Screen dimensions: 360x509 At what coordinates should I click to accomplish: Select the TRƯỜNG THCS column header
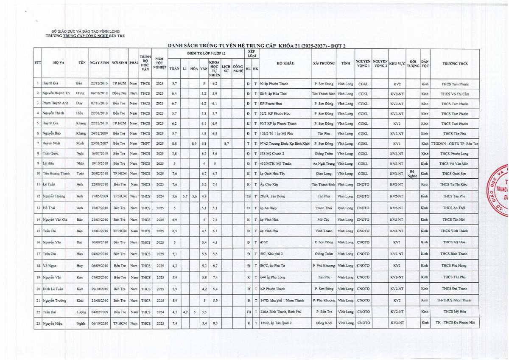tap(455, 64)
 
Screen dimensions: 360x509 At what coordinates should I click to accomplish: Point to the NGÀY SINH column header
tap(99, 64)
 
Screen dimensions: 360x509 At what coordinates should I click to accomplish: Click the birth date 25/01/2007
tap(99, 144)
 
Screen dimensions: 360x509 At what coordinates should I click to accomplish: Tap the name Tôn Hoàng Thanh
tap(56, 173)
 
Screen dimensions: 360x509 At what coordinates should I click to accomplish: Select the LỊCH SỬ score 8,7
tap(227, 144)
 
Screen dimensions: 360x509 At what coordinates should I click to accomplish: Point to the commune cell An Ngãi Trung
tap(324, 163)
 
